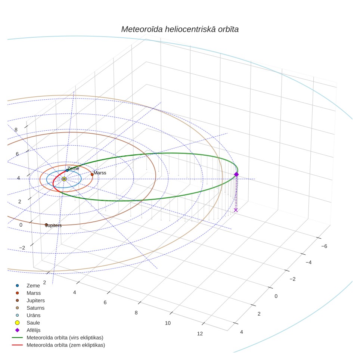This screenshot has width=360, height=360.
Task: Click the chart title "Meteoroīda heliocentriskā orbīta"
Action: click(180, 30)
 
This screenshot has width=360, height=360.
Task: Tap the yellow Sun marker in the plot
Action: click(64, 179)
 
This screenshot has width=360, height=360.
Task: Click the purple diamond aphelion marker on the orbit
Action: click(236, 174)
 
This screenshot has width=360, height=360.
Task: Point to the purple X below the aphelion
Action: click(236, 210)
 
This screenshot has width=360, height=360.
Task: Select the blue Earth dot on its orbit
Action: click(67, 170)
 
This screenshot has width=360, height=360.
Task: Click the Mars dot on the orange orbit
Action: click(92, 174)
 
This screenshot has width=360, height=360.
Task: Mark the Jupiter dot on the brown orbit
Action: click(46, 225)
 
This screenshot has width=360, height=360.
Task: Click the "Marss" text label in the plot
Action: click(100, 173)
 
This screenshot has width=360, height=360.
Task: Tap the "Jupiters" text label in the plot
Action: click(53, 226)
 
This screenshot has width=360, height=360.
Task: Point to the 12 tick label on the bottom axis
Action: click(200, 334)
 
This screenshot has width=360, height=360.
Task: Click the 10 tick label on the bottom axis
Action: click(168, 323)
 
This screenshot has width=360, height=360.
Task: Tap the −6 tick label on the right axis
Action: click(324, 246)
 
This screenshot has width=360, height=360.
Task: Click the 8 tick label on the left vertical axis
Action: click(16, 130)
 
